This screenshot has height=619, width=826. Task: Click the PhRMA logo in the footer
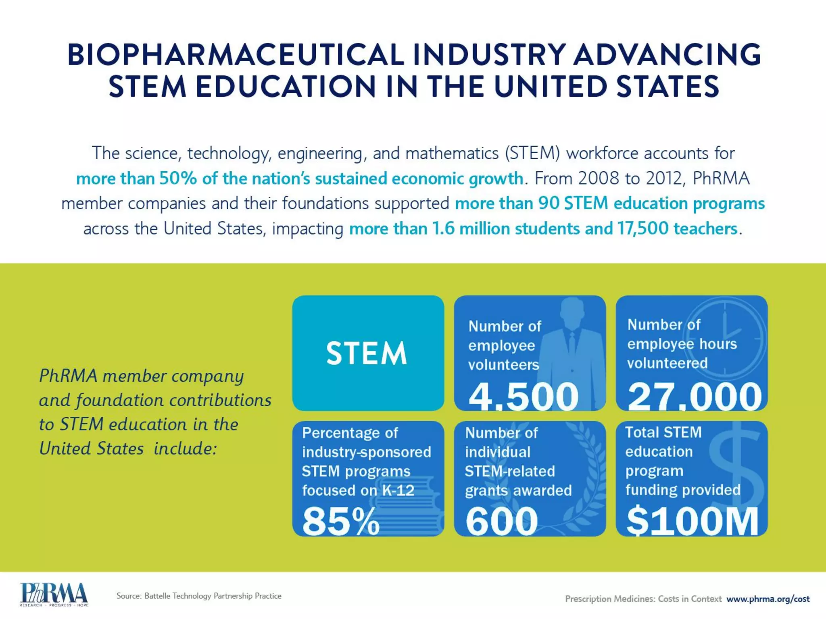[x=54, y=594]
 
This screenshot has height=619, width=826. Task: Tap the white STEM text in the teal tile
[x=367, y=353]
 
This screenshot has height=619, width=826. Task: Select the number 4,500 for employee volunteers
[x=524, y=397]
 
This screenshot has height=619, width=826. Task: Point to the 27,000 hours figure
[x=695, y=397]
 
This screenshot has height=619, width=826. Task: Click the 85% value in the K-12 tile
[x=341, y=521]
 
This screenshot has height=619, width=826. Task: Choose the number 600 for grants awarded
[x=502, y=521]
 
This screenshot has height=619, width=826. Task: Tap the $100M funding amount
[x=692, y=521]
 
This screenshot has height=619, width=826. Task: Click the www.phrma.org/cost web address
[x=768, y=599]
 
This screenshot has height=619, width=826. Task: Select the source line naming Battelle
[x=199, y=596]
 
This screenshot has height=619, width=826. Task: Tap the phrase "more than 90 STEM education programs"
[x=609, y=204]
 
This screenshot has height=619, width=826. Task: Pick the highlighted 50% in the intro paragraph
[x=178, y=179]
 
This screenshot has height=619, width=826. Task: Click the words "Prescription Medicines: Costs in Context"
[x=643, y=599]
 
